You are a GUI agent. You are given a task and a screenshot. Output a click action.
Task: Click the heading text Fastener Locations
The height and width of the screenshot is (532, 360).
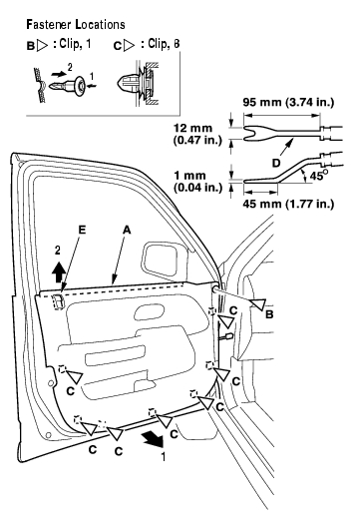[x=76, y=24]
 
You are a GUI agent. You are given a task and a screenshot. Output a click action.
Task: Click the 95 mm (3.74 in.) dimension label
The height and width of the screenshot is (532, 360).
[x=288, y=102]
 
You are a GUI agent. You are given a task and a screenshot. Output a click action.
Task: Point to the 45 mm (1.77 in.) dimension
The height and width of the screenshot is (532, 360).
[x=288, y=204]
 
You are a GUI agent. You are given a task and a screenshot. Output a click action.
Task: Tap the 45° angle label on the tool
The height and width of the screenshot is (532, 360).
[x=319, y=175]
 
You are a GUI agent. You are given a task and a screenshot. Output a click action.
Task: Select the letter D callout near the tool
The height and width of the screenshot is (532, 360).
[x=276, y=163]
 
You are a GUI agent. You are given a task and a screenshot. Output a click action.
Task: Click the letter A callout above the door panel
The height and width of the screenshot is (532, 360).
[x=127, y=230]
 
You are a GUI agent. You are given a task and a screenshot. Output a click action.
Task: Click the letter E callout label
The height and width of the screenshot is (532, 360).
[x=82, y=230]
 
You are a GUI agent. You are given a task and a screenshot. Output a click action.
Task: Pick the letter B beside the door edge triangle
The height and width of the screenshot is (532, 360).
[x=269, y=314]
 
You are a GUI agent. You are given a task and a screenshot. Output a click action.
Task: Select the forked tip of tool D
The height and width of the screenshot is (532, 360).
[x=250, y=133]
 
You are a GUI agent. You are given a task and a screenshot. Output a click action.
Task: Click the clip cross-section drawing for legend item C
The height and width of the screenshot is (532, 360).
[x=138, y=84]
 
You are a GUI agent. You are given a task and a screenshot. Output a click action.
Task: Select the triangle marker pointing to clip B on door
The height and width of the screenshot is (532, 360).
[x=258, y=304]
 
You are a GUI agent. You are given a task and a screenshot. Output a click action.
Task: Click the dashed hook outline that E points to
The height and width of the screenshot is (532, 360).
[x=58, y=301]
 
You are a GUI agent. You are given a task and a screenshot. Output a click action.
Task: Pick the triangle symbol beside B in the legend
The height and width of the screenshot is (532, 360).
[x=42, y=46]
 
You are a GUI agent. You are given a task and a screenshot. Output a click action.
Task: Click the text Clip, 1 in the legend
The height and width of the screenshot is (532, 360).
[x=75, y=44]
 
